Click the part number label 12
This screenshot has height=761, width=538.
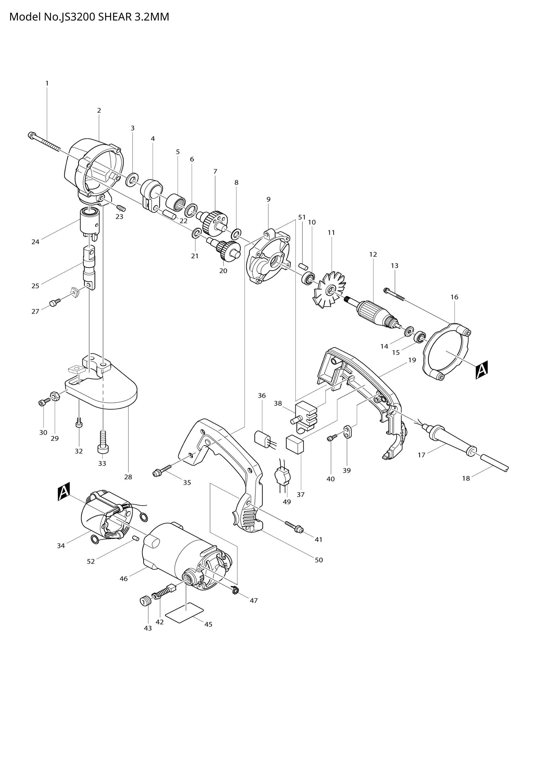click(x=373, y=254)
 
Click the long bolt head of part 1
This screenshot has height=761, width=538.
click(x=32, y=135)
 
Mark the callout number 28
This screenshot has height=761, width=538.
click(x=128, y=477)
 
